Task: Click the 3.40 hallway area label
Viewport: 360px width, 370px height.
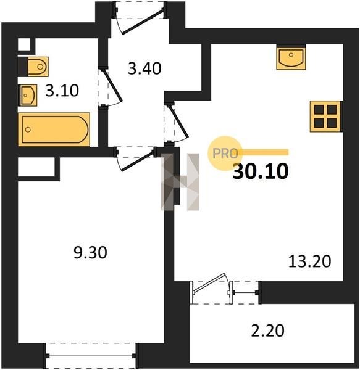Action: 144,68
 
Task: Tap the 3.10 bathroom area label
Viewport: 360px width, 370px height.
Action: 62,91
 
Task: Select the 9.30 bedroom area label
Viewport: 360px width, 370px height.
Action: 90,252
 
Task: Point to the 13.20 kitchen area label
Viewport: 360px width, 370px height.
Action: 310,261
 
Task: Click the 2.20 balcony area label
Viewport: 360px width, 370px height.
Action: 267,331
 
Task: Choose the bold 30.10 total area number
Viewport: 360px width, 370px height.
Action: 261,171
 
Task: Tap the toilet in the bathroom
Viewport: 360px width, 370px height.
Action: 38,67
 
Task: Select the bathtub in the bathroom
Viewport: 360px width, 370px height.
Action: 54,129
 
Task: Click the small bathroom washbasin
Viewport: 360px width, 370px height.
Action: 28,95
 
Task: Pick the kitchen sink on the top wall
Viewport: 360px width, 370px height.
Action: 291,57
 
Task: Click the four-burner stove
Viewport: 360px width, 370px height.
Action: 326,116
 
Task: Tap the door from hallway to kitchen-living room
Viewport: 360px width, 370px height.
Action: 177,123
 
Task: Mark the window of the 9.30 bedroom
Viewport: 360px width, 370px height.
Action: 91,355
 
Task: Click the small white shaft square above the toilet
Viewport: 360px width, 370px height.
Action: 24,44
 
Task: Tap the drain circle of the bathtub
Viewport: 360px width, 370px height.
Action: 28,129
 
